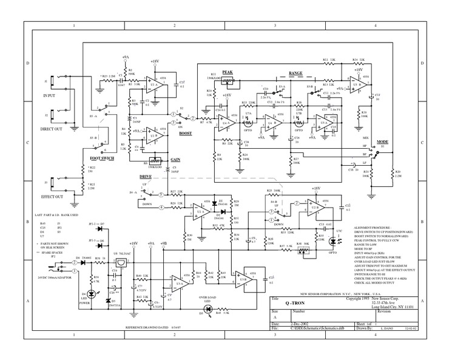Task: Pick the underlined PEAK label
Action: click(228, 72)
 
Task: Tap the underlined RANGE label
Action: click(295, 73)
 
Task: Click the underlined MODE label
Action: click(382, 141)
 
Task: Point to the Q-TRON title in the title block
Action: click(295, 304)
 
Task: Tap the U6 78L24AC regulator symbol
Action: click(123, 263)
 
